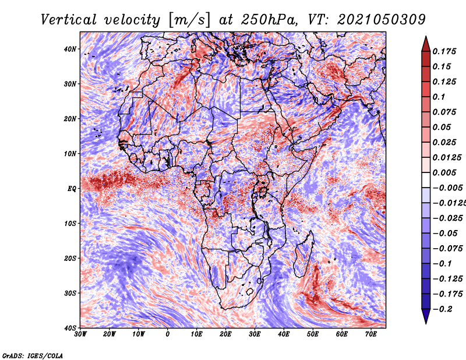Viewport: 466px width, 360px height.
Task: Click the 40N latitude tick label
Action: coord(70,49)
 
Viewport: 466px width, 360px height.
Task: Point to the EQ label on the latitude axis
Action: coord(72,189)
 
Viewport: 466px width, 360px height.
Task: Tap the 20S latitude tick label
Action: coord(70,258)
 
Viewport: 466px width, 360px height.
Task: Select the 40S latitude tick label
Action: coord(70,328)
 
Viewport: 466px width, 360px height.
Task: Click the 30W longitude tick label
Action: coord(80,334)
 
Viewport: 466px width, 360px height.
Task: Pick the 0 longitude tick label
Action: coord(168,334)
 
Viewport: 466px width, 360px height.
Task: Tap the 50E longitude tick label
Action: coord(313,334)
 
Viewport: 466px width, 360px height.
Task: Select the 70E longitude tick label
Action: coord(371,334)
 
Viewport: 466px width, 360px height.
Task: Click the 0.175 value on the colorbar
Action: coord(444,51)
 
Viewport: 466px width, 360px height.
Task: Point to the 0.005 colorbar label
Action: coord(444,172)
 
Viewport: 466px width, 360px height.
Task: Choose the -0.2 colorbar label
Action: coord(443,309)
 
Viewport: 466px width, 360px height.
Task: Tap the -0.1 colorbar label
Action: coord(443,264)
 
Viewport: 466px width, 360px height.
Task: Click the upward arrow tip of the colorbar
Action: coord(426,37)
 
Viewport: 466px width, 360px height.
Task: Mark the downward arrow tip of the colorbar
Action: coord(426,323)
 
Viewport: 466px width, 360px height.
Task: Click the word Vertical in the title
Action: coord(69,20)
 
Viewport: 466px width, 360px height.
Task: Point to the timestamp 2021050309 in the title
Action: coord(382,20)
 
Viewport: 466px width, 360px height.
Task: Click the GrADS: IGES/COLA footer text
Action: coord(33,355)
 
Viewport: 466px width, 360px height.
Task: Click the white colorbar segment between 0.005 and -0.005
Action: coord(426,180)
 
